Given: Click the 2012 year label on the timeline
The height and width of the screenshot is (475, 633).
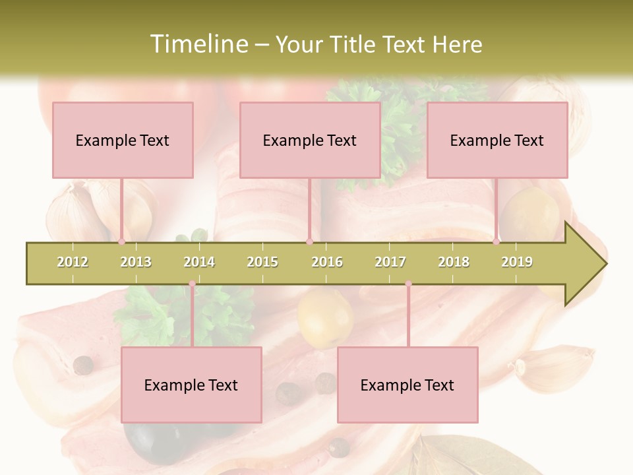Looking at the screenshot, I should (73, 262).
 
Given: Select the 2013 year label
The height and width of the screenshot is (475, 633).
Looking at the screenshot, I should (136, 262).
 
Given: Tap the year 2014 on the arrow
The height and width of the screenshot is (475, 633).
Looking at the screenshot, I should (199, 262).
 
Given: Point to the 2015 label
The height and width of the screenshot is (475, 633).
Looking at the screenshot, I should (262, 262).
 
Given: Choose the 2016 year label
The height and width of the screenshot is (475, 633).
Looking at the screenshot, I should (327, 262).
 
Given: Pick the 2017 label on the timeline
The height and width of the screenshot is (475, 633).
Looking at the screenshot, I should (390, 262).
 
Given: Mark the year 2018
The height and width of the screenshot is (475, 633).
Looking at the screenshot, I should (454, 262).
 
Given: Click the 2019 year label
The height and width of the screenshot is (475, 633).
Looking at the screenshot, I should (517, 262).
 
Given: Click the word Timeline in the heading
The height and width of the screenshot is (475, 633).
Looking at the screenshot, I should (198, 44).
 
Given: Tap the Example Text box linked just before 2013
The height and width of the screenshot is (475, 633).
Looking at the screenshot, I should (123, 140).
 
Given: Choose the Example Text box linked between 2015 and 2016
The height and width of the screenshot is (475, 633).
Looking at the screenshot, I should (310, 140).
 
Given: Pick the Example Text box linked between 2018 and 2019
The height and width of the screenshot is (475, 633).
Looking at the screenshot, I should (497, 140).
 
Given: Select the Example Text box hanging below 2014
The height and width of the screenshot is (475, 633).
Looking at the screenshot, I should (191, 385).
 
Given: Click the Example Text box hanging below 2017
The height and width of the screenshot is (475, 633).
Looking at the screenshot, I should (407, 385).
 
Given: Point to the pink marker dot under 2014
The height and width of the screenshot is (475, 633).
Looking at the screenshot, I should (192, 284).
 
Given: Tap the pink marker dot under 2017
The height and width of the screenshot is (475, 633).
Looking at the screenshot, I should (408, 284).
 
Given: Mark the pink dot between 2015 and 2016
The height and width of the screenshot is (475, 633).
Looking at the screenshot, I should (309, 242).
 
